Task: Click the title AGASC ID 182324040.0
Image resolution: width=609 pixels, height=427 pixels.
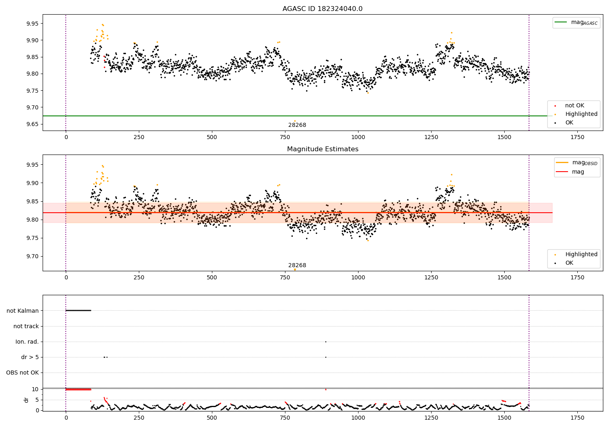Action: (322, 9)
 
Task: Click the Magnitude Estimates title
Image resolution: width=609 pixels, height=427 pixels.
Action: (322, 149)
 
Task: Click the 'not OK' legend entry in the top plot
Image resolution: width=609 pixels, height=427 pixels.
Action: (574, 106)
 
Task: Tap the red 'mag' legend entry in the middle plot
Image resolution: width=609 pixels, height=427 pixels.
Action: (578, 172)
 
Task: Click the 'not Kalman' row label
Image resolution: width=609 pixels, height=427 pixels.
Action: (23, 311)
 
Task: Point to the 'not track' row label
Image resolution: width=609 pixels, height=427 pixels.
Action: (26, 326)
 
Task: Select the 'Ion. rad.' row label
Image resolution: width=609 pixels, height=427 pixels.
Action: (27, 342)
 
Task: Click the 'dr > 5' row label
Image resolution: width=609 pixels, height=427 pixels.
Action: (30, 357)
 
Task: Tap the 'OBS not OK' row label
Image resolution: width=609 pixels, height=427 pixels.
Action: (22, 373)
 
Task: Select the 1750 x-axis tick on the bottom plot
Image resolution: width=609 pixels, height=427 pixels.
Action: (577, 418)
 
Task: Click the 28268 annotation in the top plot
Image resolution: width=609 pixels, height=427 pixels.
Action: (297, 125)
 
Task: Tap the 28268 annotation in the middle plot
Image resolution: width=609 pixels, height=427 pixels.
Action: (297, 266)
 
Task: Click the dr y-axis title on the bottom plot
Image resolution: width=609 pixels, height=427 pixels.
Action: (26, 400)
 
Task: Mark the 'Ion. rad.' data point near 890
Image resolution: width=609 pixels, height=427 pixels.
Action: (326, 342)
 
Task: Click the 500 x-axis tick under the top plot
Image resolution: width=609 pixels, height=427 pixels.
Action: (212, 137)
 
